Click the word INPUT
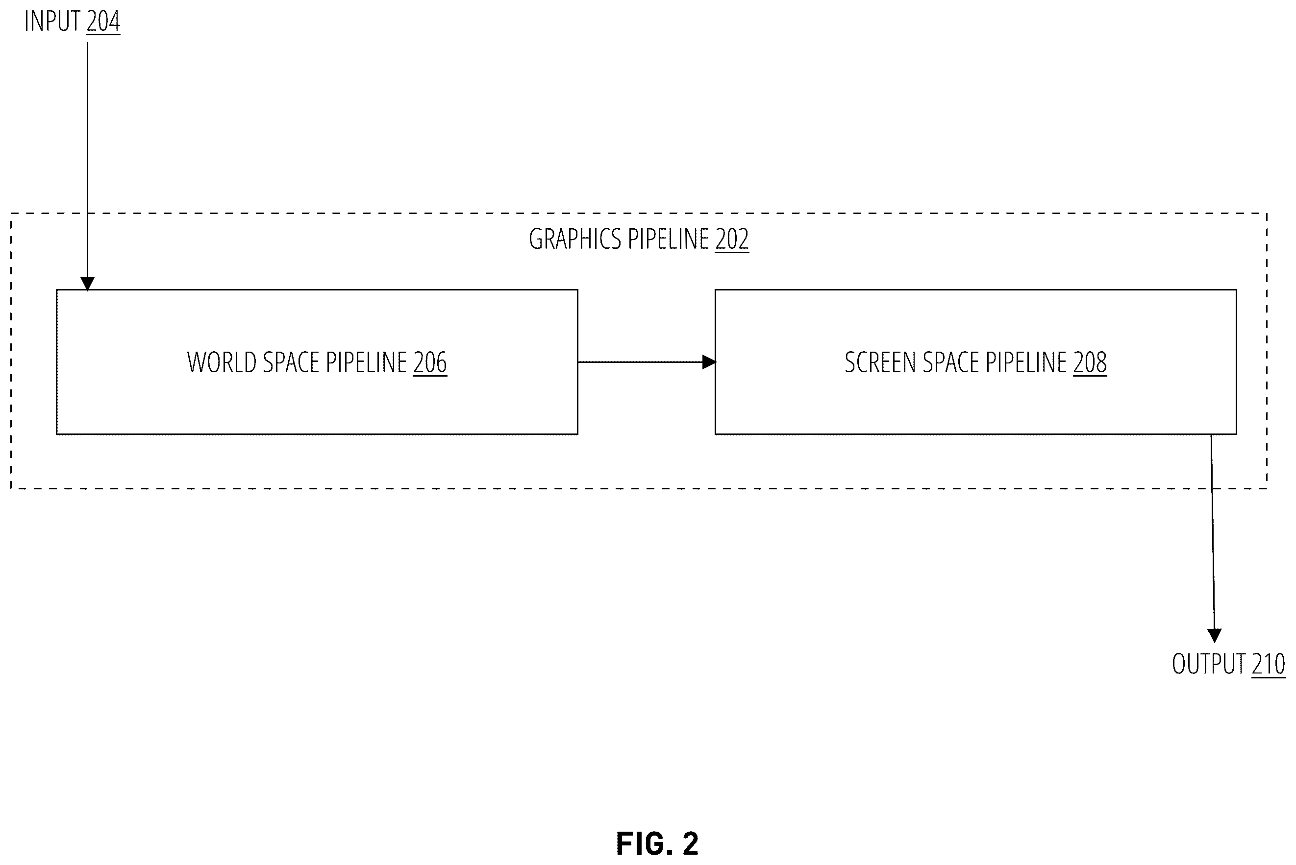52,22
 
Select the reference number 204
103,22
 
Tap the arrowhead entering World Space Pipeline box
87,284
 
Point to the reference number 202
732,240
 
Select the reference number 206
430,362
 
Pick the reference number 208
1090,362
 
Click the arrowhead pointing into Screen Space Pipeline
709,362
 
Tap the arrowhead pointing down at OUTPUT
1214,636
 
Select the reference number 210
1269,664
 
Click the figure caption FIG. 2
657,843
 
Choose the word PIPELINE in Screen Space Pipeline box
1026,362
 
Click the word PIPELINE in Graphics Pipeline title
669,240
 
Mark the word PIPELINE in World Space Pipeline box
367,362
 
